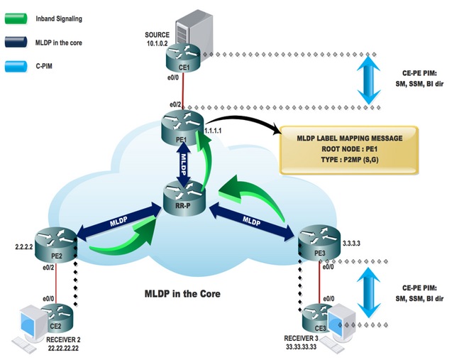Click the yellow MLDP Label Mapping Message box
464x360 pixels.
click(x=348, y=150)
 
